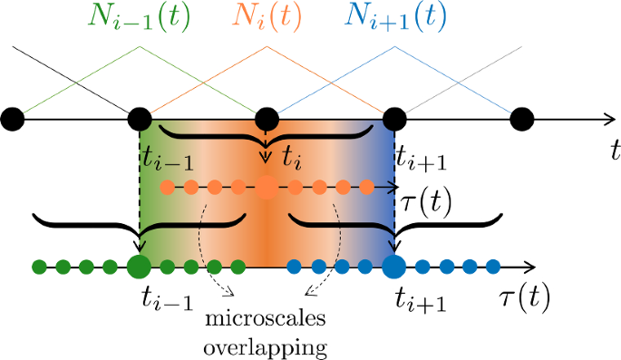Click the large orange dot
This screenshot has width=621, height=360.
pyautogui.click(x=267, y=189)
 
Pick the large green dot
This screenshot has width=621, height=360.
pyautogui.click(x=139, y=267)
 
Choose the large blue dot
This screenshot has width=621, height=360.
pyautogui.click(x=393, y=267)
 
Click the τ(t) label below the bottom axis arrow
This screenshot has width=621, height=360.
pyautogui.click(x=526, y=297)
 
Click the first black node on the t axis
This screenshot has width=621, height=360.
pyautogui.click(x=13, y=119)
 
